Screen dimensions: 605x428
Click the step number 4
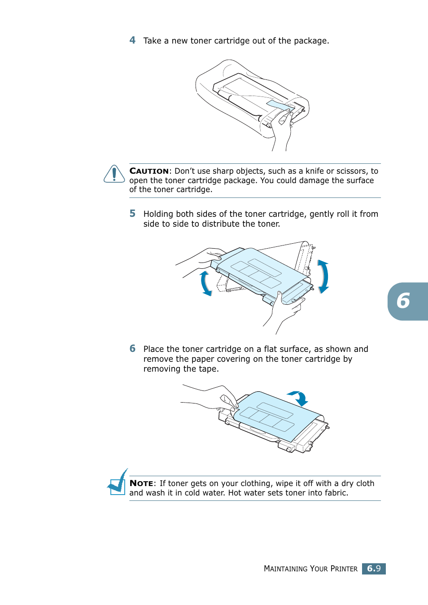coord(132,40)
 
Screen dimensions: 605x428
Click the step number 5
coord(132,214)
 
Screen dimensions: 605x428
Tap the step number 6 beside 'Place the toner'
coord(132,349)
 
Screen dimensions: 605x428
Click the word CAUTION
coord(149,171)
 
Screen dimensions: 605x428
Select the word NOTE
coord(141,483)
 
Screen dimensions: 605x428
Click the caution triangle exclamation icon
coord(114,174)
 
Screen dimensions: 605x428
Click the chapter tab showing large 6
coord(406,301)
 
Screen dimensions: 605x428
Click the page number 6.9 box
coord(374,569)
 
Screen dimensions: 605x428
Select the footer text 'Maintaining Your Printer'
coord(310,569)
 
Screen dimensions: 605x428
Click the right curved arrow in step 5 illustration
coord(323,276)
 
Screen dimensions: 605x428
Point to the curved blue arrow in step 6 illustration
coord(299,398)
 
